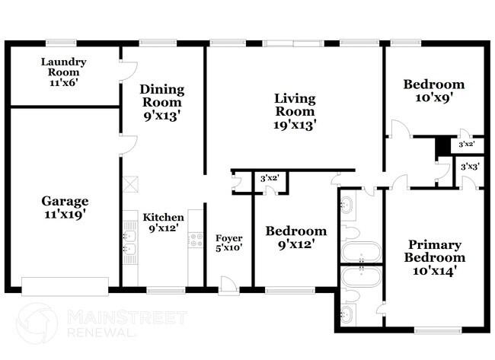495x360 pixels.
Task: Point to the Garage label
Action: point(64,207)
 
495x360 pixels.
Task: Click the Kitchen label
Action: point(164,222)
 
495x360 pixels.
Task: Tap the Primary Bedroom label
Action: point(434,257)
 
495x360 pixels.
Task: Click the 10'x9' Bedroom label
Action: point(433,90)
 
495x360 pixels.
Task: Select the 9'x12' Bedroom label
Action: point(296,237)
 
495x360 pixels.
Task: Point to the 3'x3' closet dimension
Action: point(468,166)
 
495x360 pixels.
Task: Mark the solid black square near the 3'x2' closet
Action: point(441,145)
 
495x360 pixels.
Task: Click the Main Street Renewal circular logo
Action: point(37,323)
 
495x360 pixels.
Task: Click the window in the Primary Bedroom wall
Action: point(437,330)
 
